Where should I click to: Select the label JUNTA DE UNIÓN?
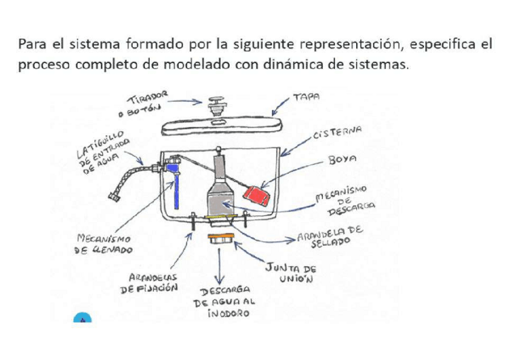tap(291, 273)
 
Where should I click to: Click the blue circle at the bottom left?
tap(82, 317)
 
